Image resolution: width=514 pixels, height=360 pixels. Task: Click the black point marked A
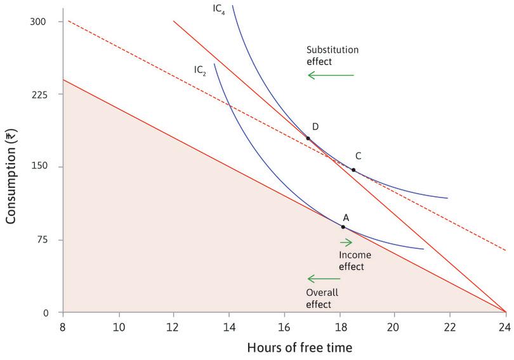(343, 227)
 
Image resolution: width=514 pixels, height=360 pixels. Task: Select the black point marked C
(353, 170)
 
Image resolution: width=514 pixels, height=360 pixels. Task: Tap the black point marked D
(308, 138)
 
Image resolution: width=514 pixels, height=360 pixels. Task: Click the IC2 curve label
(201, 69)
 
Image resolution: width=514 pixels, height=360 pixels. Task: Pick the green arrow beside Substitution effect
(331, 75)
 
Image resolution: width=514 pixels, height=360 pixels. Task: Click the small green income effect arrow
(346, 242)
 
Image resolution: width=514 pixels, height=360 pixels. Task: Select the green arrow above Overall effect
(324, 278)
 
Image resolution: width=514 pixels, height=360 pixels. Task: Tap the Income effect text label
(352, 260)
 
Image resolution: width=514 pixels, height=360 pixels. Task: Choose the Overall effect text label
(322, 298)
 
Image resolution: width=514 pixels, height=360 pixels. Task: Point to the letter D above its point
(315, 127)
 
